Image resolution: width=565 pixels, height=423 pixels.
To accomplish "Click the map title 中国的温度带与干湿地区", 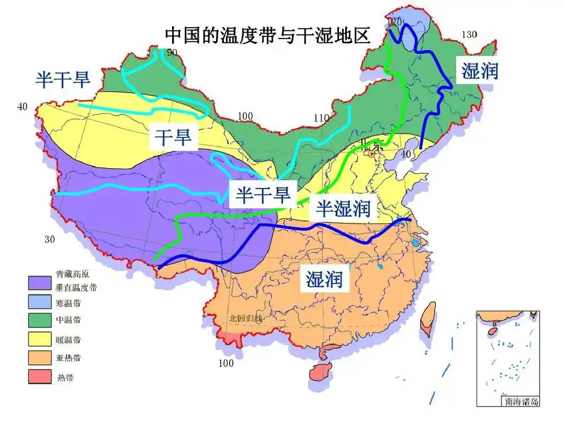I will tap(267, 35).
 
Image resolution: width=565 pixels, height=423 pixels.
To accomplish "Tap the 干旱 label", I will tap(173, 139).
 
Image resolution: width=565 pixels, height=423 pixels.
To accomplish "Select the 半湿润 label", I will tap(343, 209).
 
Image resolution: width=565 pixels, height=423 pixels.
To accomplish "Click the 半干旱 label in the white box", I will tap(263, 195).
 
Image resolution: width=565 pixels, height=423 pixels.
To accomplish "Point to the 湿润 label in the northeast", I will tap(480, 70).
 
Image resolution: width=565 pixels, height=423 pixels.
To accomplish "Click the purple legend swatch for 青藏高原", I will tap(39, 282).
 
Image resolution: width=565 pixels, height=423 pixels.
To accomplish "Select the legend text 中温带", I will tap(68, 320).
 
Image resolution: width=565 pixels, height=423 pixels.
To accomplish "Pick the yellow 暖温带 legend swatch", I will tap(39, 339).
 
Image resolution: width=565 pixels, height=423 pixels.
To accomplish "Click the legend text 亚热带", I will tap(68, 358).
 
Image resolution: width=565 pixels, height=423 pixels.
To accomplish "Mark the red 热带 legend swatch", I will tap(39, 377).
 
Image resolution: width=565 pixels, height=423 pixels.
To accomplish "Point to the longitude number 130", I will tap(469, 34).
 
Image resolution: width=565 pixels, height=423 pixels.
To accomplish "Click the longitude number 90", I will tap(172, 52).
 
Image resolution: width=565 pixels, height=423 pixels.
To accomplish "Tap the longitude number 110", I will tap(321, 118).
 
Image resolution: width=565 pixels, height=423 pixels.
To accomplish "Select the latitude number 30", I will tap(49, 239).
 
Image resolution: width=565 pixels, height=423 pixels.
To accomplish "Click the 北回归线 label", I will tap(245, 319).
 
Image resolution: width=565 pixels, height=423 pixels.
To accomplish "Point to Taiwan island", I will tap(428, 319).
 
